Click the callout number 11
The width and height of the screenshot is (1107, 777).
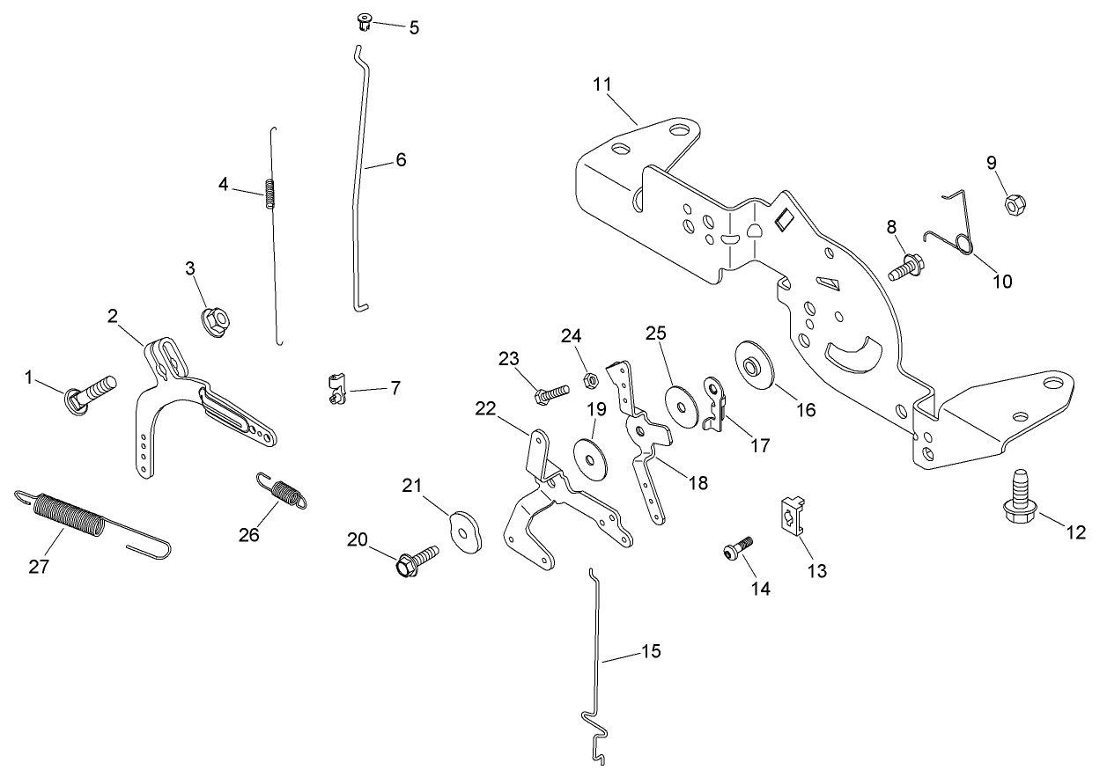coord(602,84)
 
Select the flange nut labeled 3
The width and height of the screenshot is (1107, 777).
coord(214,321)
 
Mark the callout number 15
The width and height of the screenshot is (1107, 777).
coord(650,652)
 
